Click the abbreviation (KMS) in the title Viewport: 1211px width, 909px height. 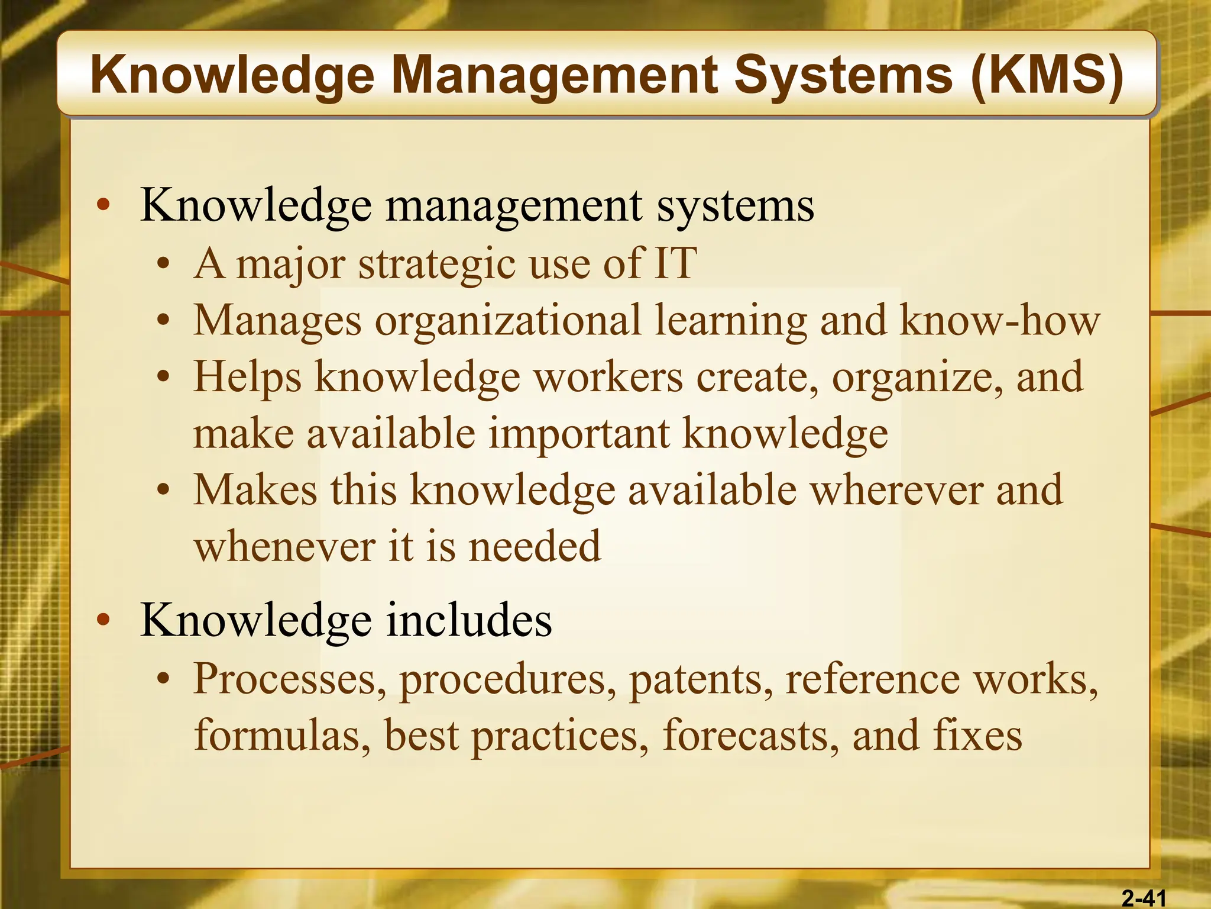1047,76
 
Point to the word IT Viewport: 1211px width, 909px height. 675,263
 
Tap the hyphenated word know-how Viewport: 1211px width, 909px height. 999,320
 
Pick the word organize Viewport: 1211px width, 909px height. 917,378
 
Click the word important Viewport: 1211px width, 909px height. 579,433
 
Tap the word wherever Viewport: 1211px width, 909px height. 896,490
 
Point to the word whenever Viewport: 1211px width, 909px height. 284,546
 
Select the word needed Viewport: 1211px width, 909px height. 535,546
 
